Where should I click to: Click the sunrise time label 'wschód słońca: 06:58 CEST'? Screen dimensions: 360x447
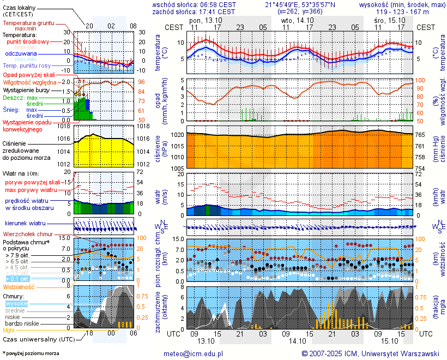[194, 4]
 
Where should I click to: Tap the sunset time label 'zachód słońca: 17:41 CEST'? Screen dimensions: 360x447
[194, 11]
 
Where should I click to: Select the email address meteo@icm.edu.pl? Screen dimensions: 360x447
[194, 353]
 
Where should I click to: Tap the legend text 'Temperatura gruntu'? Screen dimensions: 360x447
[28, 23]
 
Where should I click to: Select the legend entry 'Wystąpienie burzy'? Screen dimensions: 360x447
[26, 89]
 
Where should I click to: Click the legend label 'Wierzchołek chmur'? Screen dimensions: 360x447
[30, 233]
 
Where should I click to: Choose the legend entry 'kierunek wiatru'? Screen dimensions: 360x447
[25, 223]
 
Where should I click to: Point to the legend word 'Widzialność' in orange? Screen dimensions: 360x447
[19, 286]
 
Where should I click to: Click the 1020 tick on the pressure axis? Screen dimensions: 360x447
[177, 134]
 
